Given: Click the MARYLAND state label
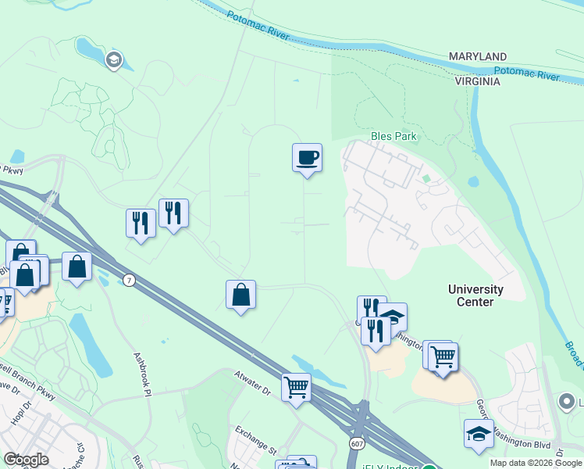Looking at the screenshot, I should (478, 57).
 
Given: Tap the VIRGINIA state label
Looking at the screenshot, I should (478, 81).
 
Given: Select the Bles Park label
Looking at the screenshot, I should (394, 136).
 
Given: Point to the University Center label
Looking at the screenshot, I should (475, 295).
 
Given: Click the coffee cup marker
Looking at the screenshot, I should (307, 158).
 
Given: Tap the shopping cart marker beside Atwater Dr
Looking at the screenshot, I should (296, 387).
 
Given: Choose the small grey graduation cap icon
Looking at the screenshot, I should (114, 60).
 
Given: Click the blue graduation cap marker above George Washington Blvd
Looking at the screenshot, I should (479, 434).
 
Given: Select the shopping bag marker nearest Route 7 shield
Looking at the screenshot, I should (77, 267).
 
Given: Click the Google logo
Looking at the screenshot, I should (26, 460).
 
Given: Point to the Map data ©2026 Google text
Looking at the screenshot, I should (536, 463).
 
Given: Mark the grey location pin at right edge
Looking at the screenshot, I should (568, 402).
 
